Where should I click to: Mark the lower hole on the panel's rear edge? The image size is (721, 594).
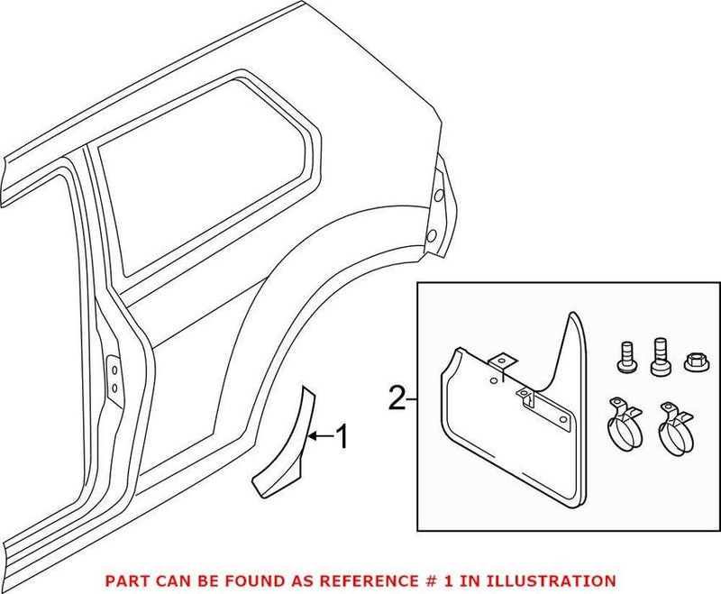pyautogui.click(x=430, y=236)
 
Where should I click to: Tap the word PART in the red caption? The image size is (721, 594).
pyautogui.click(x=124, y=580)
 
